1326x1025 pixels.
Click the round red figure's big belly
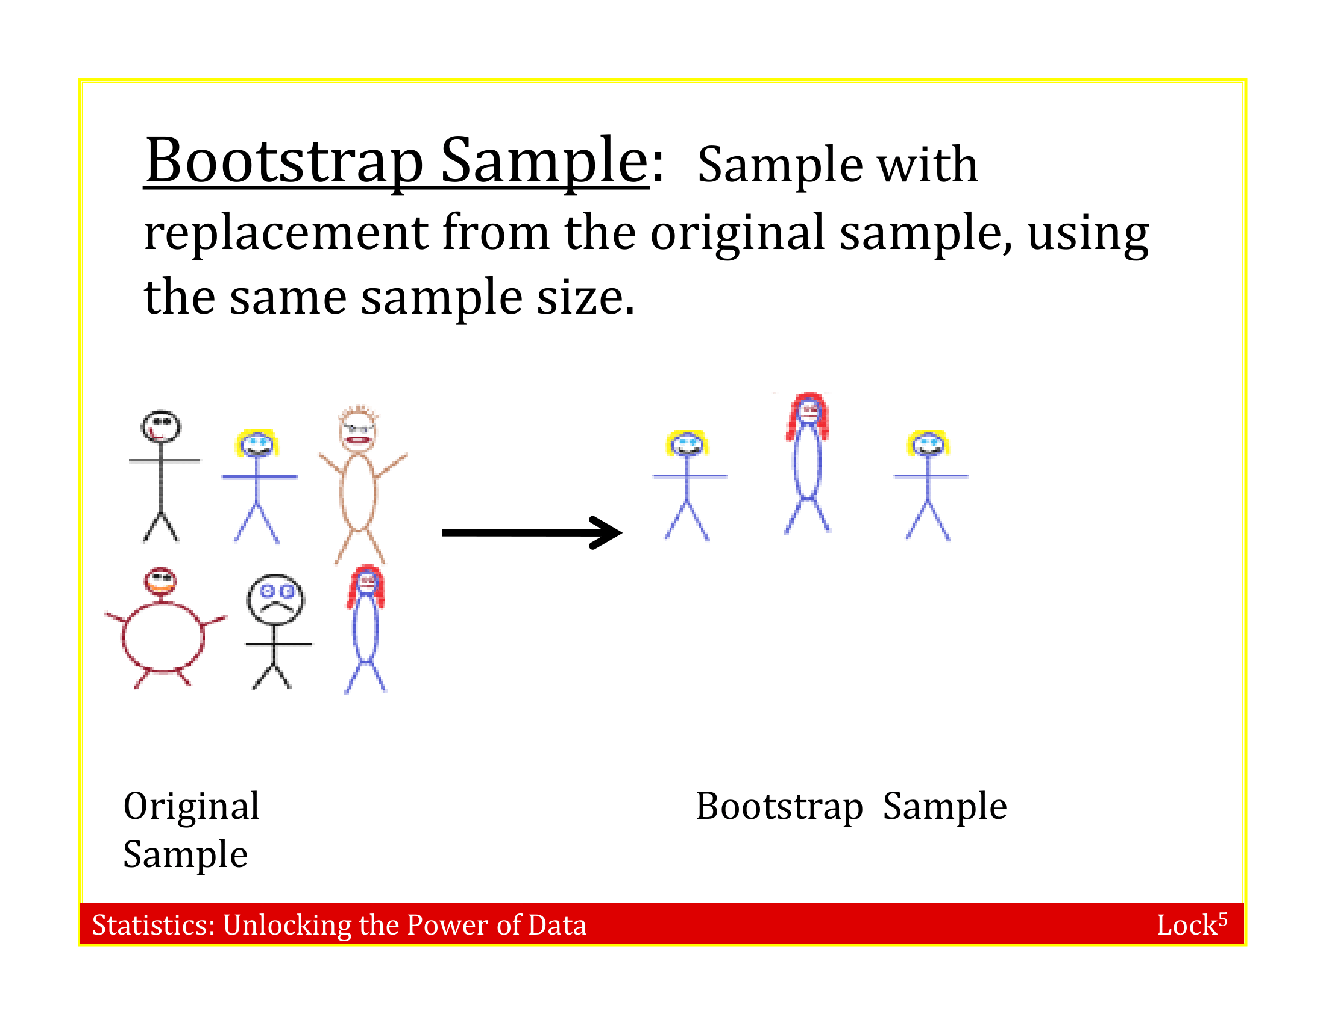click(x=163, y=637)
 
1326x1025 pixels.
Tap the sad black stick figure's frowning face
click(x=275, y=599)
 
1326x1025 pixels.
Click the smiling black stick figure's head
click(x=161, y=427)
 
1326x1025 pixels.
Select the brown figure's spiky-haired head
click(x=357, y=429)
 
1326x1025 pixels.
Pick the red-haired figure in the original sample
click(x=365, y=628)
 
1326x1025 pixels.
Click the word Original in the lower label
click(x=191, y=806)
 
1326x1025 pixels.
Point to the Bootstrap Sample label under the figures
click(x=850, y=806)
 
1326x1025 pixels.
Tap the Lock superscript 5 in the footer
click(x=1191, y=924)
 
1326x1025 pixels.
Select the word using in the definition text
click(x=1087, y=234)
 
